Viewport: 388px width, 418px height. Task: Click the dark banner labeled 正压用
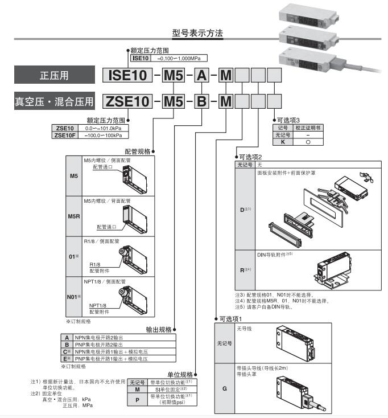(52, 75)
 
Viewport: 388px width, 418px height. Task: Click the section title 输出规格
(157, 329)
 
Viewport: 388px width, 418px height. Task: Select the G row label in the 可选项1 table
(224, 387)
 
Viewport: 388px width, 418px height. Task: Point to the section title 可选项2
(253, 157)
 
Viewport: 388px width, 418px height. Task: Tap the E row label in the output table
(67, 359)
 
